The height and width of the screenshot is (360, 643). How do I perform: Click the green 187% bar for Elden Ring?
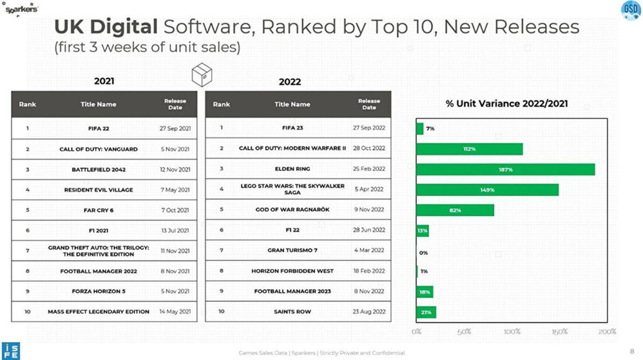tap(505, 170)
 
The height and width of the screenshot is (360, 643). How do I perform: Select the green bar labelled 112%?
tap(470, 149)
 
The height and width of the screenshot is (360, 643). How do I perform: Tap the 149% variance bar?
tap(487, 190)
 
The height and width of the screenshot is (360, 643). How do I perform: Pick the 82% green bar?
tap(455, 210)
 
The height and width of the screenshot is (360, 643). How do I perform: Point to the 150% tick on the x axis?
tap(559, 331)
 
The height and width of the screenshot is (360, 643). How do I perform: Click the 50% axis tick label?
tap(463, 331)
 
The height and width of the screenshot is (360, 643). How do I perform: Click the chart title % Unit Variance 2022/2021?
tap(507, 104)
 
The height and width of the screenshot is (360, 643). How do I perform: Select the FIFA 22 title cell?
tap(99, 128)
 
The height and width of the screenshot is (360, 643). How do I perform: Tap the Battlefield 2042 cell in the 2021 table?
tap(99, 169)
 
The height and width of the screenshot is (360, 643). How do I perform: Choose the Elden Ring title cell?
tap(293, 169)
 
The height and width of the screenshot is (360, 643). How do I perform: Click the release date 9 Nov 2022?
tap(369, 210)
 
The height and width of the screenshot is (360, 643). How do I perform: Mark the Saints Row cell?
tap(293, 312)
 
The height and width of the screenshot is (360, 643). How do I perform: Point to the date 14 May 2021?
tap(175, 312)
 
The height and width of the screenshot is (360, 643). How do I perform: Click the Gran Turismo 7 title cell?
tap(293, 250)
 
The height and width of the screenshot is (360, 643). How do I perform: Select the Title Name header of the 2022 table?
tap(293, 104)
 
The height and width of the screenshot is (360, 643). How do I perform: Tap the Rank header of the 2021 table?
tap(28, 104)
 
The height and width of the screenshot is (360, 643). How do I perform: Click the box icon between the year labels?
tap(202, 75)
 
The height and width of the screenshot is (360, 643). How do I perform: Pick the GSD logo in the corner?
tap(630, 9)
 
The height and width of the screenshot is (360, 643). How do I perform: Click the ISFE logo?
tap(10, 351)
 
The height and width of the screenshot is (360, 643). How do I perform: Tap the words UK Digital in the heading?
tap(105, 27)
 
